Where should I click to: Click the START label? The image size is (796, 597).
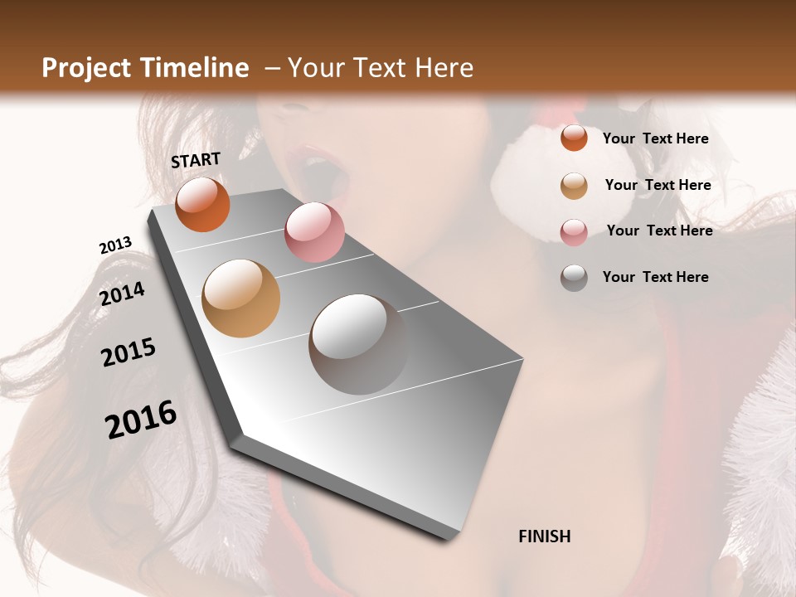[196, 160]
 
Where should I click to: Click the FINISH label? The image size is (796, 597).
[545, 536]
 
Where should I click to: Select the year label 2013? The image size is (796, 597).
[115, 245]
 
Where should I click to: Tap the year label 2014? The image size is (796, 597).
[123, 294]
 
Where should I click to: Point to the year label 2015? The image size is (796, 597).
[129, 352]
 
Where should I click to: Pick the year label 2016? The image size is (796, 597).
[141, 420]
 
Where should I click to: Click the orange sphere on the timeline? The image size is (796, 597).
[202, 205]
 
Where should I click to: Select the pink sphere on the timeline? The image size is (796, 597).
[314, 232]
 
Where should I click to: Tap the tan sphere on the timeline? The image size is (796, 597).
[241, 298]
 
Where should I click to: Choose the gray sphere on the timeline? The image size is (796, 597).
[358, 344]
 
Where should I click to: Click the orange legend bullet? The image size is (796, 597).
[574, 138]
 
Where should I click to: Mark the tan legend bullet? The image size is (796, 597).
[574, 186]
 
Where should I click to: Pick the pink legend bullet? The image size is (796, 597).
[574, 232]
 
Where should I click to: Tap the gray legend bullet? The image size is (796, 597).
[574, 278]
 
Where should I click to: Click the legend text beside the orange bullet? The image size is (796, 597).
[655, 139]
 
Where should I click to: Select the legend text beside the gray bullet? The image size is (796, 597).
[655, 277]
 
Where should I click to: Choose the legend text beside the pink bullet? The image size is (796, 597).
[659, 231]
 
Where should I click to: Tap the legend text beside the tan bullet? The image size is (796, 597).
[658, 185]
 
